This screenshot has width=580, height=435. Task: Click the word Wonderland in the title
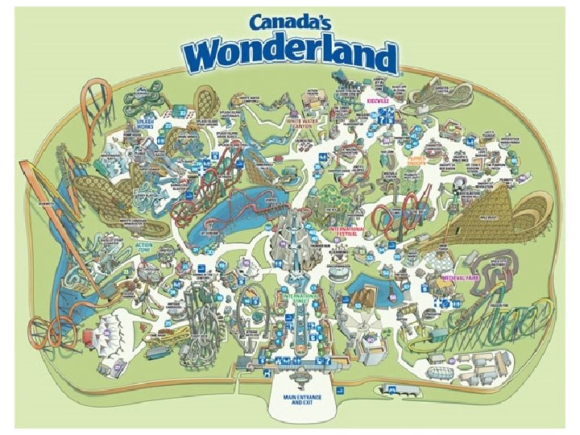291,56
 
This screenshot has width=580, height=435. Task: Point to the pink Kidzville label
378,102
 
